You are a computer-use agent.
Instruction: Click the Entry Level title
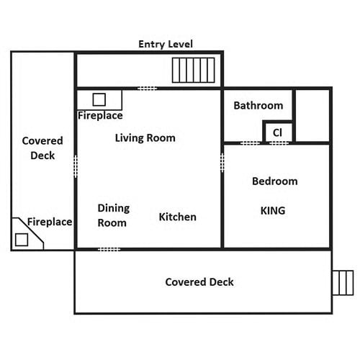166,44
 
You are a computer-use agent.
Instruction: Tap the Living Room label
145,138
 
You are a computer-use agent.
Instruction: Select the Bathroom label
258,106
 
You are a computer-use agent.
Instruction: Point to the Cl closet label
277,132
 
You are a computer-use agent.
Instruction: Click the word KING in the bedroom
273,211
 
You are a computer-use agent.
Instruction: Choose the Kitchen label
178,217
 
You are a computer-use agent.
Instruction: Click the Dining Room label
114,215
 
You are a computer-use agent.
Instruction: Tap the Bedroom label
275,181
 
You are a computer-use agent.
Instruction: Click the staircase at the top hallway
194,70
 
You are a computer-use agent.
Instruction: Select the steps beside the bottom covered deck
343,283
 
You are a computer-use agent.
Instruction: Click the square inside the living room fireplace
99,99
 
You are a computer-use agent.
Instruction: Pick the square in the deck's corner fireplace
22,240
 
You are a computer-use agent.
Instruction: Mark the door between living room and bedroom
222,163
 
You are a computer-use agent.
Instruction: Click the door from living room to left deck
76,166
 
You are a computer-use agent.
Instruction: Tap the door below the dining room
109,250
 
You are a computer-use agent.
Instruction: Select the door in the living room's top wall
148,89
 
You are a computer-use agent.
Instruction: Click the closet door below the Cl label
279,143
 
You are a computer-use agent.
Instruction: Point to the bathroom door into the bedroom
251,143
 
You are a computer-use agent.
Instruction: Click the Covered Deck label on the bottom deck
199,282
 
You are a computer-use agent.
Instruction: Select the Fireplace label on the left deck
50,222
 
